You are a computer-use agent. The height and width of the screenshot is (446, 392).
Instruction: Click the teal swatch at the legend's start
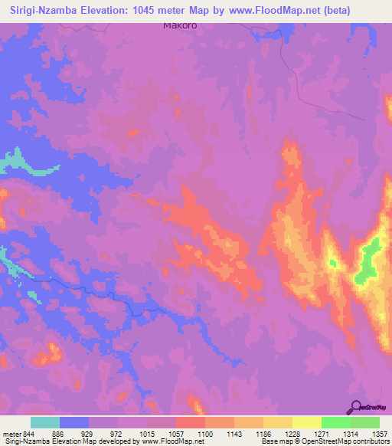point(45,422)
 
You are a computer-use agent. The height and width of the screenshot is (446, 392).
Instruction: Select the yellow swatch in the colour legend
point(306,422)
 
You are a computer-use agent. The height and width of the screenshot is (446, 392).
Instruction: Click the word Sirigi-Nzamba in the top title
point(44,10)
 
